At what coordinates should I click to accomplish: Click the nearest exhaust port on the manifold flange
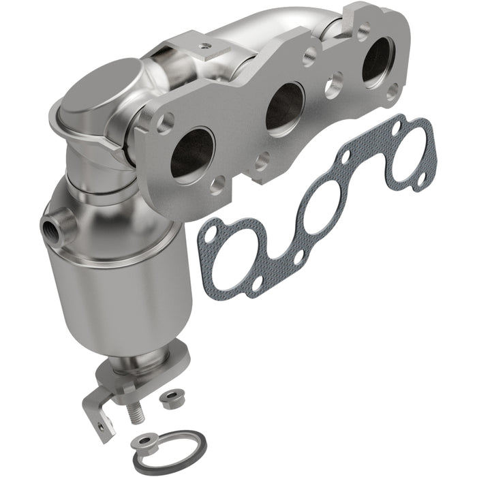click(192, 151)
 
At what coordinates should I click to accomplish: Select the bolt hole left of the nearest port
click(164, 124)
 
